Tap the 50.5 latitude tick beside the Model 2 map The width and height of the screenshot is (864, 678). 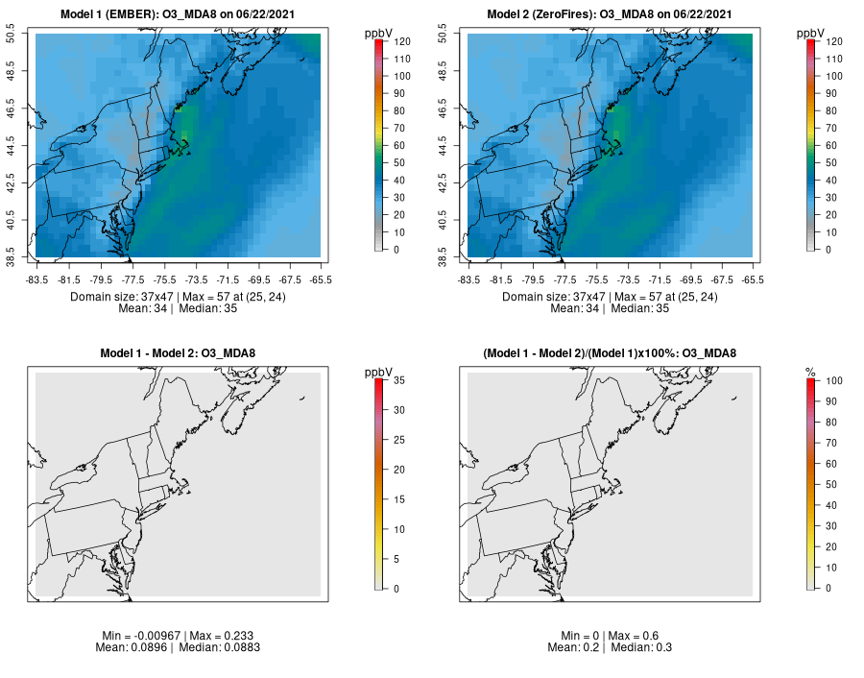(454, 35)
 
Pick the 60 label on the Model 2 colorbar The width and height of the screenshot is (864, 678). (830, 146)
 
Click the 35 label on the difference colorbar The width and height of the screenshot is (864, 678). (398, 380)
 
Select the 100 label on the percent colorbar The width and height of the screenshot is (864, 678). (833, 380)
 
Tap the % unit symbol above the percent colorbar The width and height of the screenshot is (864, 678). (810, 372)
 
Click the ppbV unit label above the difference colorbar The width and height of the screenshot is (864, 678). (380, 371)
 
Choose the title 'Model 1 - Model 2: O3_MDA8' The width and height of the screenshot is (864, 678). (179, 353)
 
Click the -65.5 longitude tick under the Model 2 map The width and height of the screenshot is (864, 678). (753, 279)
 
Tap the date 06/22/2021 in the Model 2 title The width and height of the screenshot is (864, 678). (703, 14)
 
